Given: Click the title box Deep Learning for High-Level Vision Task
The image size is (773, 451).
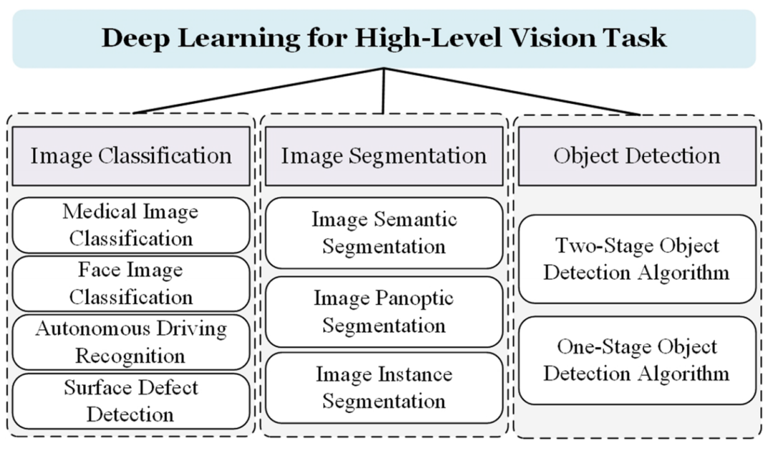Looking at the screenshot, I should [384, 38].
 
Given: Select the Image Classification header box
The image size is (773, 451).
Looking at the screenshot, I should [131, 156].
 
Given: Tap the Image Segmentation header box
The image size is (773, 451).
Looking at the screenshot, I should [384, 156].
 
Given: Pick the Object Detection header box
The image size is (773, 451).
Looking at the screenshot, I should [636, 156].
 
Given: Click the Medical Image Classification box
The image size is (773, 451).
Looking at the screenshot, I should [131, 225].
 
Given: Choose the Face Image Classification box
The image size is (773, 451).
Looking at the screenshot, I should [131, 283].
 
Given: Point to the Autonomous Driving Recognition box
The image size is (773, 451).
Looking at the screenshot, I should [131, 342].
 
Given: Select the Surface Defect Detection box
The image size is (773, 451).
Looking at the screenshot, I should [131, 401].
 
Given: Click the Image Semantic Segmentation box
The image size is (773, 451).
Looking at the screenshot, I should [384, 233].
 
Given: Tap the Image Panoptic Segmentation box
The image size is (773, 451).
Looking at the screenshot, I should [384, 311].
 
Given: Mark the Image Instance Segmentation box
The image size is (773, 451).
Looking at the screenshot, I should [384, 387].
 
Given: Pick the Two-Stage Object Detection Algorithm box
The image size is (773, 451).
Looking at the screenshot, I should [636, 259].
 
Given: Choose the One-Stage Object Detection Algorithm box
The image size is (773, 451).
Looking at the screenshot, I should [636, 360].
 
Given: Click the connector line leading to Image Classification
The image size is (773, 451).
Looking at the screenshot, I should [258, 91].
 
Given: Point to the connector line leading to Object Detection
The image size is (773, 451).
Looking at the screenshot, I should [512, 91].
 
